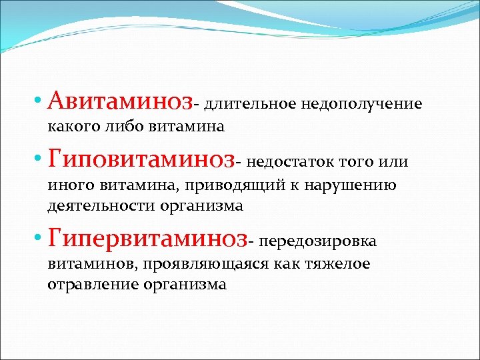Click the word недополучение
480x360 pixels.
coord(362,105)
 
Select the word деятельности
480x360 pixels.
coord(101,205)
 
